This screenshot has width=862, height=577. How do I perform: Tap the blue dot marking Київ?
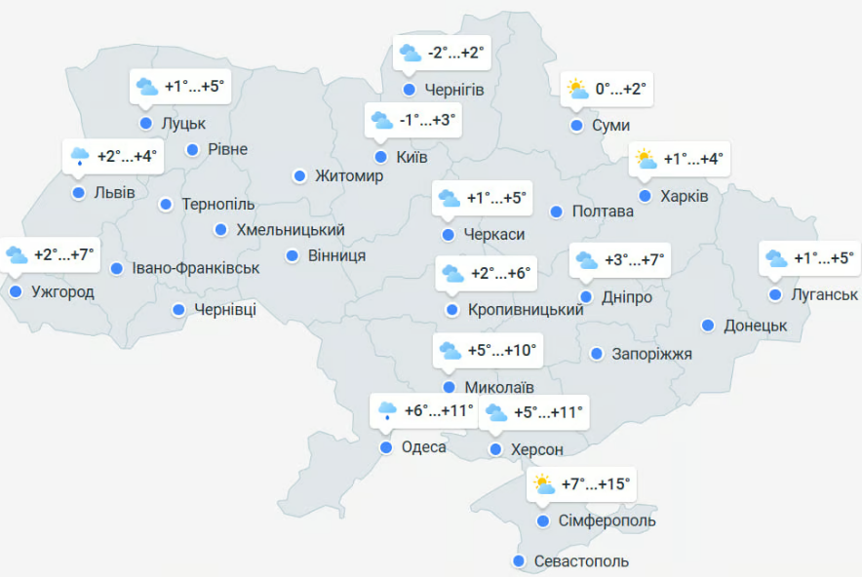click(x=380, y=156)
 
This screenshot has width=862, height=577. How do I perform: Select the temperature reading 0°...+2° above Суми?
click(x=621, y=90)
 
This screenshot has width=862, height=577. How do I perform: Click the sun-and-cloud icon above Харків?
click(x=645, y=159)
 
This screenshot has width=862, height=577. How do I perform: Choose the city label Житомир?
click(x=349, y=176)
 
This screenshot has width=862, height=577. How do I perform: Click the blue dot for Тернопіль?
click(x=166, y=205)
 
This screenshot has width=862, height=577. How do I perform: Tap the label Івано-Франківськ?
click(x=196, y=268)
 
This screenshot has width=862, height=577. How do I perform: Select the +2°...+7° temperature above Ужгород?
click(x=64, y=255)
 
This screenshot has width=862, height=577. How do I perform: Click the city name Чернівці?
click(x=225, y=310)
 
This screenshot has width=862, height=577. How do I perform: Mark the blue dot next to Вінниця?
click(x=293, y=255)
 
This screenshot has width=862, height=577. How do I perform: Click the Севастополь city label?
click(x=581, y=561)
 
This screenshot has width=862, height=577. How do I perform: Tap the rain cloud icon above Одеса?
click(x=387, y=410)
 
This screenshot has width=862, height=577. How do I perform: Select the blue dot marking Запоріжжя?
click(x=597, y=353)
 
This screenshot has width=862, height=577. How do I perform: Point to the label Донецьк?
click(x=755, y=326)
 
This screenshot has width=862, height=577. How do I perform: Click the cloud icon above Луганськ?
click(x=776, y=258)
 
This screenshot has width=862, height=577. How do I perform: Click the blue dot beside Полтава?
click(x=556, y=212)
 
